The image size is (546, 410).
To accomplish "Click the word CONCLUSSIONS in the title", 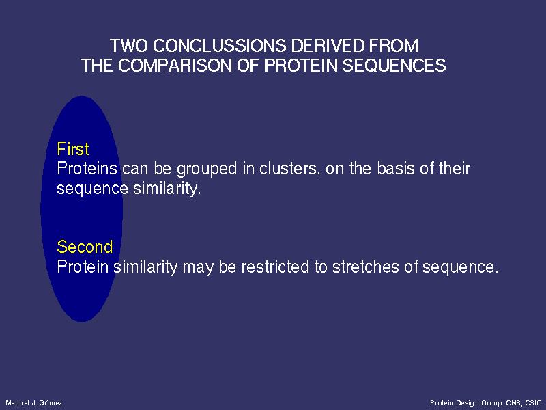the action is point(219,46).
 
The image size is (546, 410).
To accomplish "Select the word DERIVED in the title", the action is point(328,46).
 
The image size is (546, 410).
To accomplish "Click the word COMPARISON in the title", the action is point(175,66).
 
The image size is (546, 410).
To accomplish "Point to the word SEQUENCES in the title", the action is point(394,66).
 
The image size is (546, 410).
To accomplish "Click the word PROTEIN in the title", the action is point(301,66).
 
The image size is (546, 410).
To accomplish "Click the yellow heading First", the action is point(73,149).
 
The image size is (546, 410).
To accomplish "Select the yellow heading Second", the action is point(85,247).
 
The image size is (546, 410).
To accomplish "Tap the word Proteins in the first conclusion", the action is point(87,168).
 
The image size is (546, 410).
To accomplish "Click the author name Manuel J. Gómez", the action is point(33,403).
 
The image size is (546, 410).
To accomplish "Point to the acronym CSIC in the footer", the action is point(533,403).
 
